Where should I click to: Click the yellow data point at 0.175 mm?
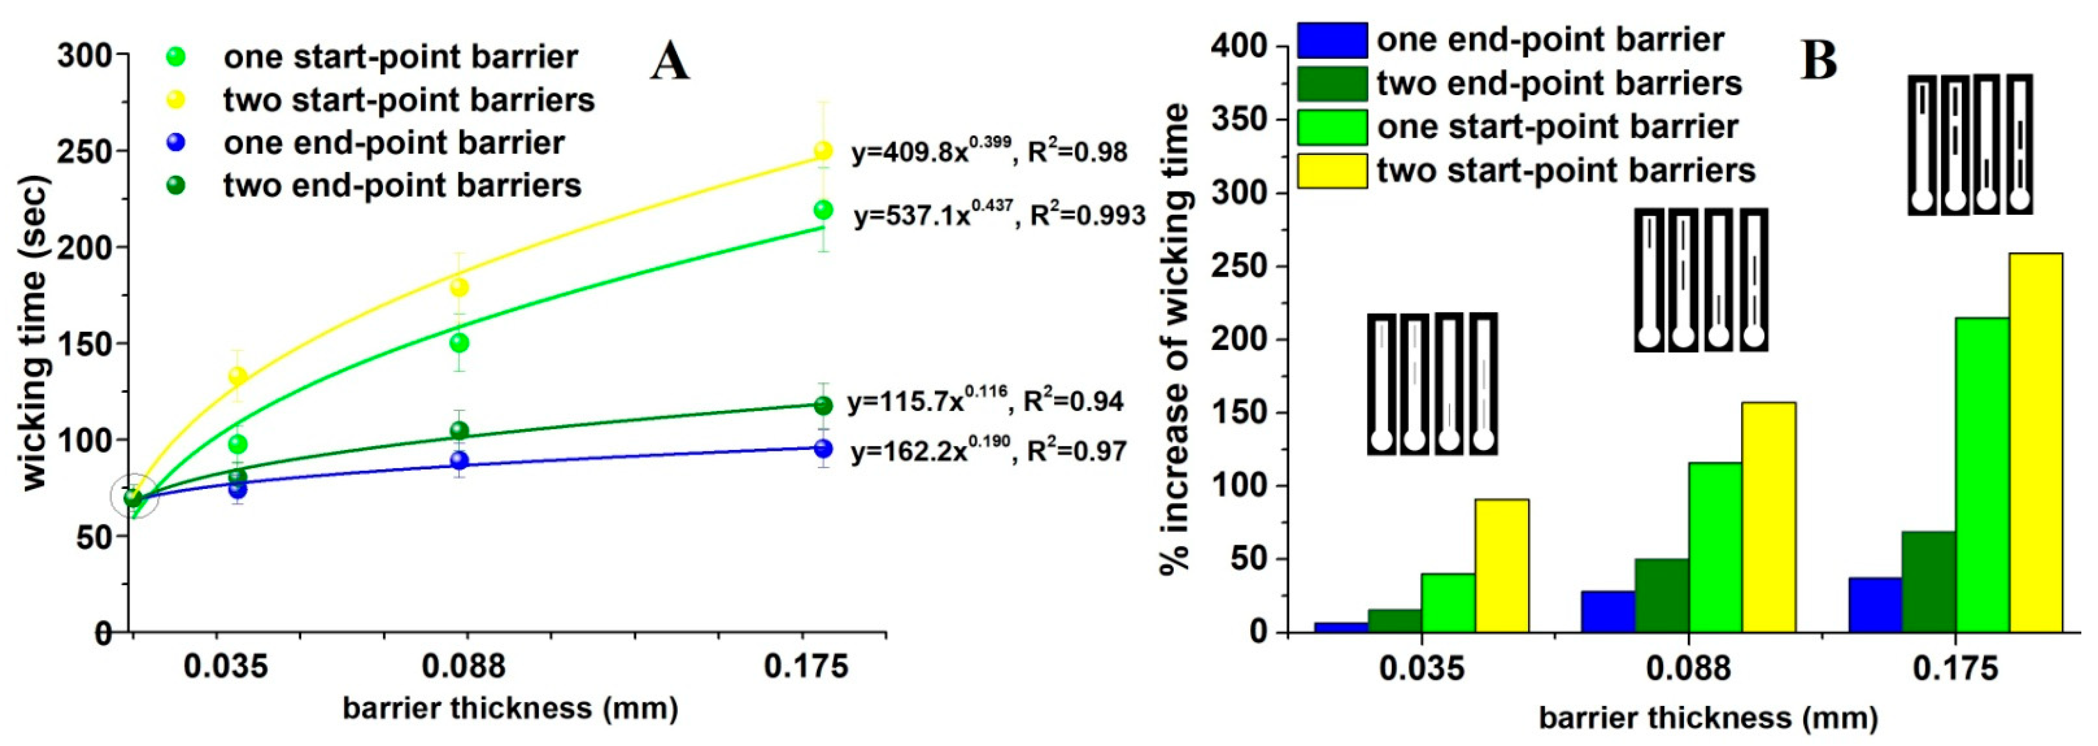[x=823, y=150]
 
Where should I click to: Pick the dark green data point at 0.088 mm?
[x=459, y=430]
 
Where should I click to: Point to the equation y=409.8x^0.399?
[x=989, y=151]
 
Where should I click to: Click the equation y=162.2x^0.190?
[x=988, y=450]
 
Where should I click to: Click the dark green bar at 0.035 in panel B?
[x=1395, y=621]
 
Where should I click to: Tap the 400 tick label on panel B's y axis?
[x=1238, y=47]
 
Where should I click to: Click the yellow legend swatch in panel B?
[x=1332, y=171]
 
